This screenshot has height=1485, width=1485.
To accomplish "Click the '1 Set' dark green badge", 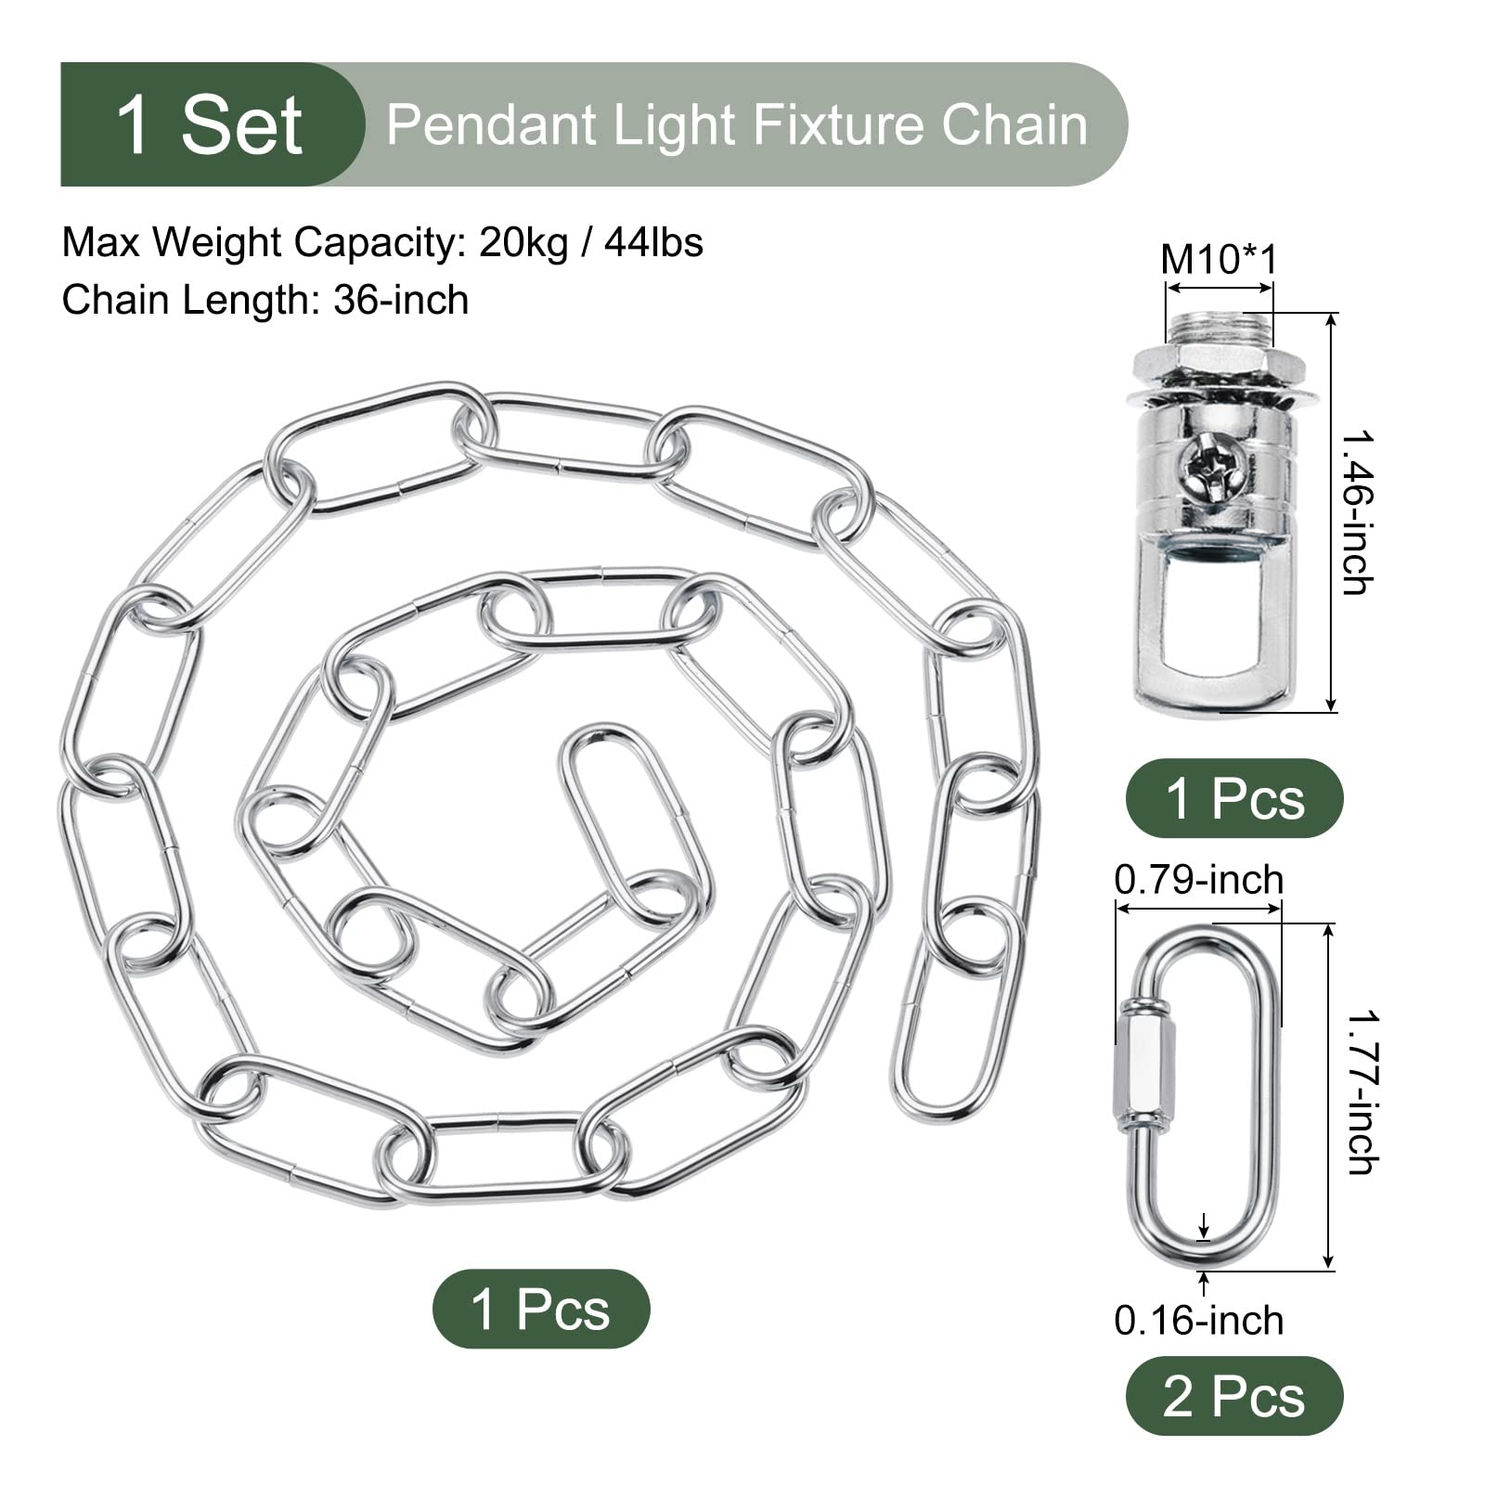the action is [x=212, y=124].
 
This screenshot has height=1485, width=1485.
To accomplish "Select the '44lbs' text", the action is [x=653, y=243].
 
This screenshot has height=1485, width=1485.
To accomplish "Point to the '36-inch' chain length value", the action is [x=401, y=301].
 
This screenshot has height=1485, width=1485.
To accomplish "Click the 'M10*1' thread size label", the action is [x=1219, y=259].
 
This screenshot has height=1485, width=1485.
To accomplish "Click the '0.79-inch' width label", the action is [x=1198, y=880].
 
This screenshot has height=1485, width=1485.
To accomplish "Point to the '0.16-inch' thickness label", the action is [x=1198, y=1321].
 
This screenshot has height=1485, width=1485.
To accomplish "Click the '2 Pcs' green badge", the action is [x=1233, y=1396].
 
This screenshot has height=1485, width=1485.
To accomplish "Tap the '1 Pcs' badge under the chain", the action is [x=541, y=1309].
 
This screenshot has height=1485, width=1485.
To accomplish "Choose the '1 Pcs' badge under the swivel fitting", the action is [x=1233, y=798].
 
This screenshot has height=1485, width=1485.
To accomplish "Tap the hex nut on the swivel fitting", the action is [x=1219, y=360].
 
